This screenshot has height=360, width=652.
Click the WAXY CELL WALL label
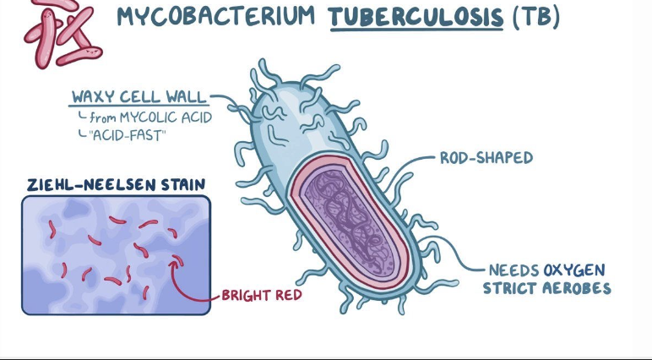click(x=139, y=96)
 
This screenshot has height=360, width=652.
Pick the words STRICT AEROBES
click(x=546, y=288)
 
